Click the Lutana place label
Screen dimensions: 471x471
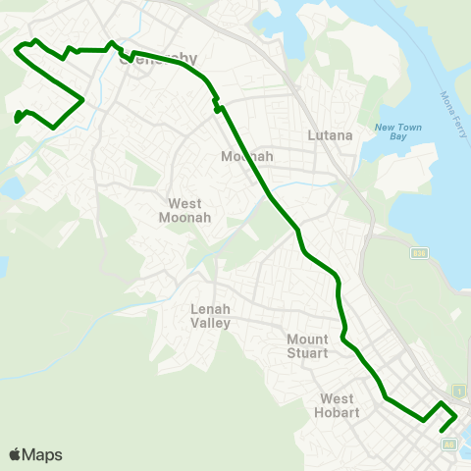[x=330, y=135]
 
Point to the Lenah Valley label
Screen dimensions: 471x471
[x=210, y=315]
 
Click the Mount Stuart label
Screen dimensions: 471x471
[x=308, y=346]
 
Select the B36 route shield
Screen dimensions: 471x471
[x=418, y=253]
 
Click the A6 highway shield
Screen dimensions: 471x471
[x=450, y=445]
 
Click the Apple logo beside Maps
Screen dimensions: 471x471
[x=15, y=454]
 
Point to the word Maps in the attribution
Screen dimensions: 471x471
[x=43, y=454]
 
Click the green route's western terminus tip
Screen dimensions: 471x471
[x=18, y=121]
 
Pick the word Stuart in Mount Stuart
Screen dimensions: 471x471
[x=308, y=353]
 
